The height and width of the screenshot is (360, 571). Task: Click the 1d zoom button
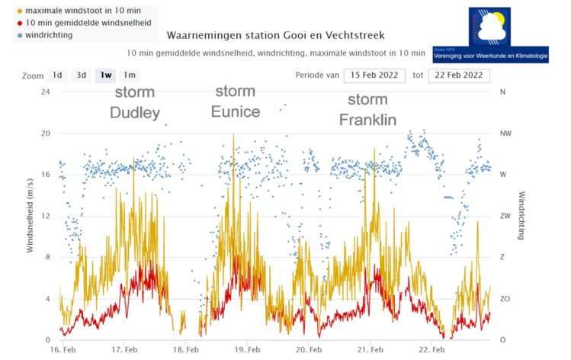pyautogui.click(x=57, y=76)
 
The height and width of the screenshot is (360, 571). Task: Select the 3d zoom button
pyautogui.click(x=80, y=76)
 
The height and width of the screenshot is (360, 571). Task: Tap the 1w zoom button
pyautogui.click(x=104, y=76)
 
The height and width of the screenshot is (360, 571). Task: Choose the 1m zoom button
pyautogui.click(x=129, y=76)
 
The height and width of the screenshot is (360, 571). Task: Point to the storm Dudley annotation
pyautogui.click(x=135, y=103)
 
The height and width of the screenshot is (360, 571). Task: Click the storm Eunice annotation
pyautogui.click(x=236, y=101)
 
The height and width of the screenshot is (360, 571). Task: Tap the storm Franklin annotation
pyautogui.click(x=367, y=110)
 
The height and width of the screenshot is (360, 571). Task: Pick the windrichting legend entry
pyautogui.click(x=49, y=36)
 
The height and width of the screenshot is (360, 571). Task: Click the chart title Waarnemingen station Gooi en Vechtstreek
pyautogui.click(x=275, y=36)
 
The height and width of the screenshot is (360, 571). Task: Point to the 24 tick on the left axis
pyautogui.click(x=45, y=92)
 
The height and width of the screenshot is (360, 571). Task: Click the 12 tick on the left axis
pyautogui.click(x=45, y=216)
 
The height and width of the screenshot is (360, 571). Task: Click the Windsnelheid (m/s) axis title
pyautogui.click(x=31, y=216)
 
